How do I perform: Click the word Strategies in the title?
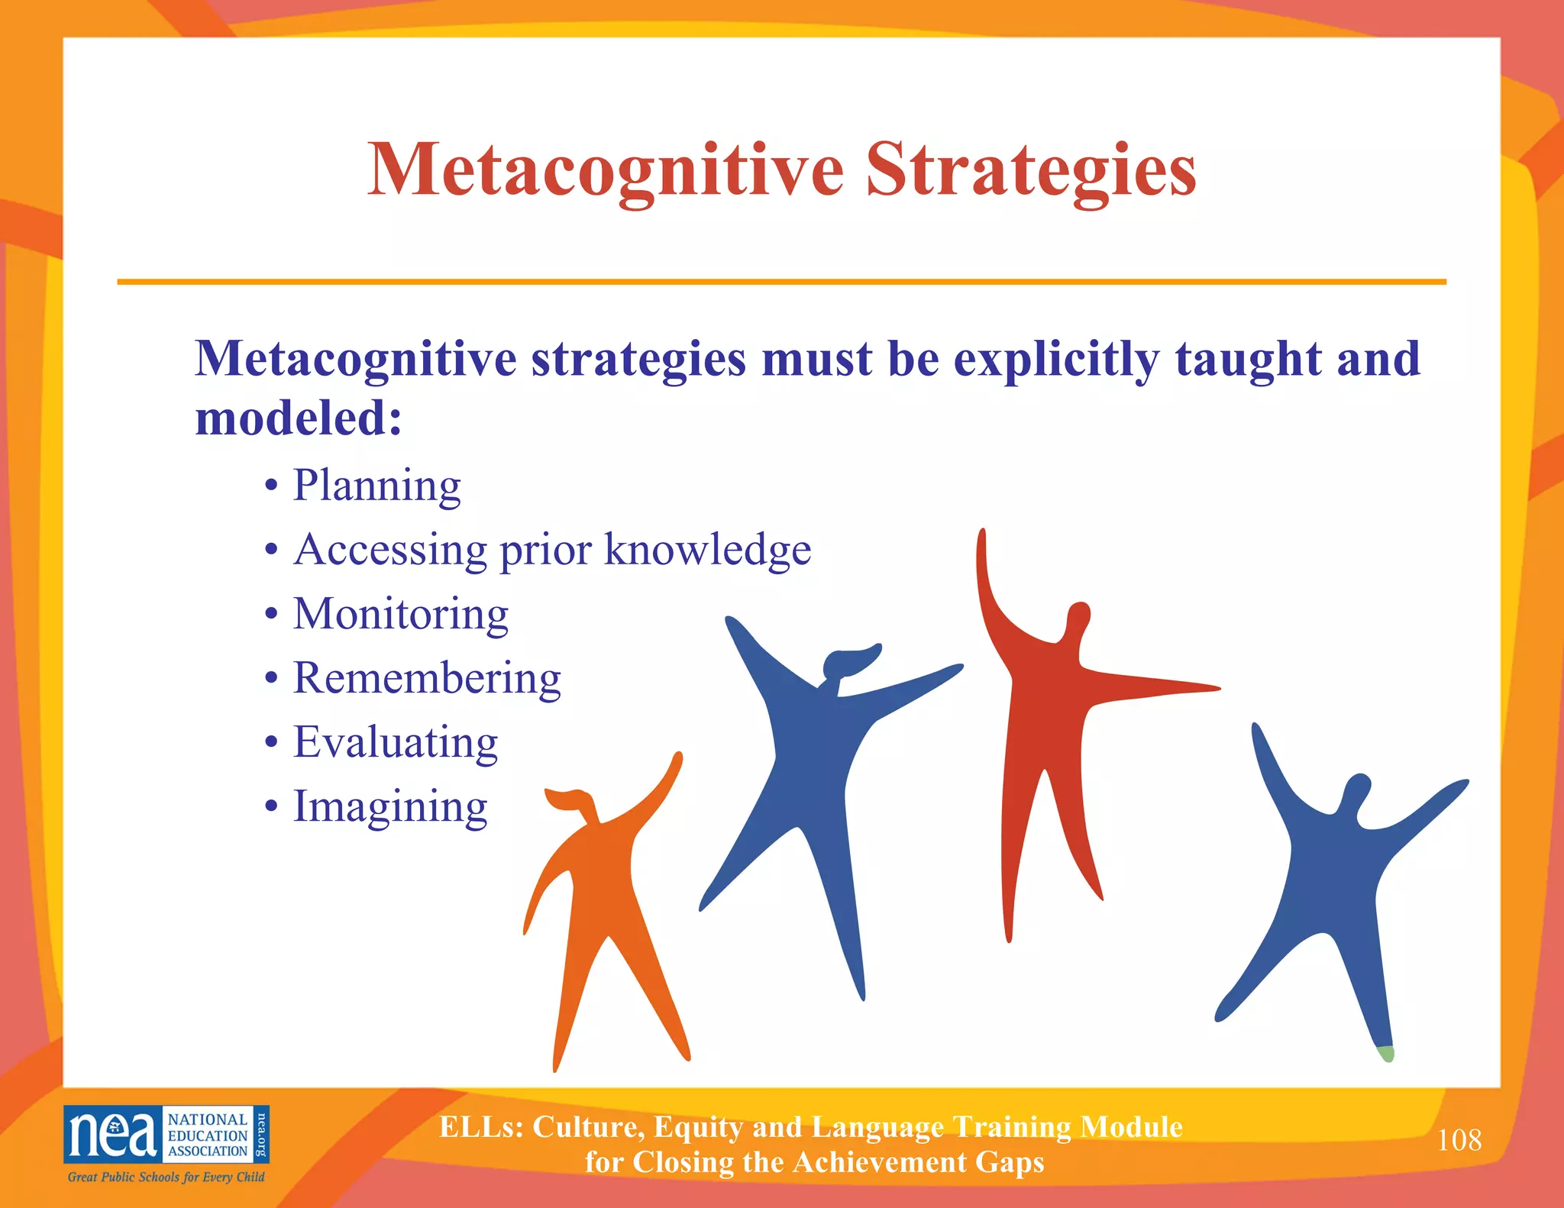[1030, 171]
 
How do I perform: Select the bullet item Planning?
[377, 485]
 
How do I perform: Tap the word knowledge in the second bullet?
[707, 549]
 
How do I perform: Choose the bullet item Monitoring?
[401, 614]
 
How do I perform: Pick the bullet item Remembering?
[427, 678]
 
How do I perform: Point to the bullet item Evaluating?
[396, 742]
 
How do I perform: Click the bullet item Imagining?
[390, 806]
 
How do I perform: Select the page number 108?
[1459, 1140]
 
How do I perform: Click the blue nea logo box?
[113, 1134]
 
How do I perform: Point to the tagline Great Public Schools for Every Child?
[166, 1177]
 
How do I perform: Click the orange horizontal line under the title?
[781, 282]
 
